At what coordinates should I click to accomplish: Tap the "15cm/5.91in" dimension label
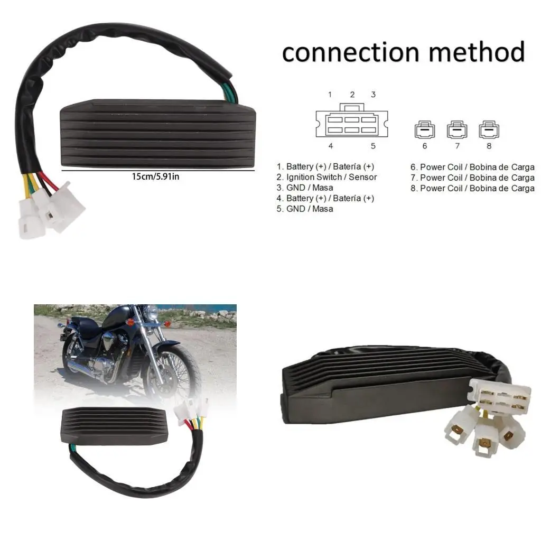coord(155,176)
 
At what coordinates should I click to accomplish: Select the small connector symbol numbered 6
coord(425,129)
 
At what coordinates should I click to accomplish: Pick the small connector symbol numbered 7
coord(457,129)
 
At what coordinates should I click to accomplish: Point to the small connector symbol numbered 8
coord(489,129)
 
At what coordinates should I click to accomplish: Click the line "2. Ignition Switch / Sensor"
coord(327,177)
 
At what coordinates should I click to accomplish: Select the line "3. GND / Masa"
coord(305,188)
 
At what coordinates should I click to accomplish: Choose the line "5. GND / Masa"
coord(305,209)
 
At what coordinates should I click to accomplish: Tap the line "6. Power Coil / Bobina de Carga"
coord(472,167)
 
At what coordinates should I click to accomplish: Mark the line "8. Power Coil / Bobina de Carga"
coord(472,188)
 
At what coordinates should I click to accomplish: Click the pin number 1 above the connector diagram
coord(330,95)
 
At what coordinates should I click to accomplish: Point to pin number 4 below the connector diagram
coord(330,146)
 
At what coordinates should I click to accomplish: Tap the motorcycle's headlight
coord(153,313)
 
